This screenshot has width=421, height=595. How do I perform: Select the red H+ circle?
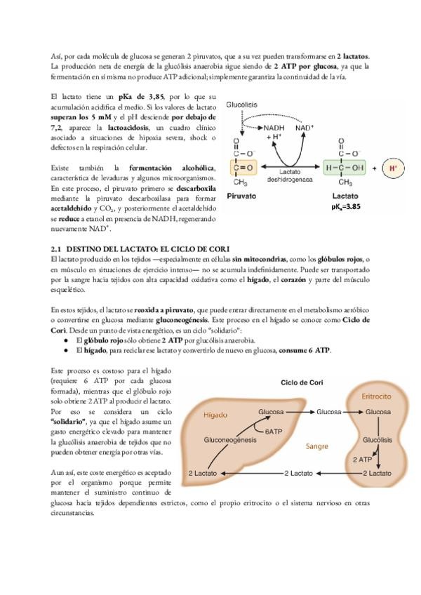click(x=393, y=168)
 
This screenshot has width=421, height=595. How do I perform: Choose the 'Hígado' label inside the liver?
click(x=215, y=415)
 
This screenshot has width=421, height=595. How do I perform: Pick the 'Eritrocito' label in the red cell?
click(x=376, y=396)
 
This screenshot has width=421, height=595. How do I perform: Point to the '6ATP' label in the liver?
click(x=273, y=432)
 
